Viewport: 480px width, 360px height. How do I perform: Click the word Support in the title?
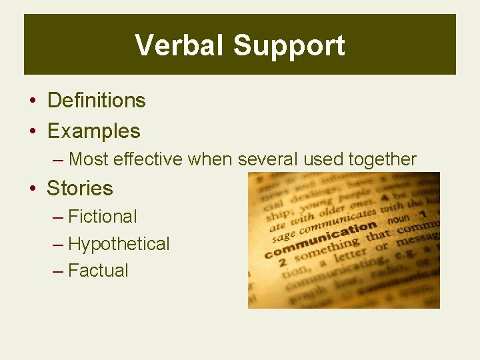click(289, 45)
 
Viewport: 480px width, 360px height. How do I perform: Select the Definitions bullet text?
click(96, 100)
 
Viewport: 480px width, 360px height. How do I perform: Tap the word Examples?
click(93, 131)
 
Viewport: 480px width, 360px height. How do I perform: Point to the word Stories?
click(80, 188)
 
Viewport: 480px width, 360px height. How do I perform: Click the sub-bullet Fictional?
click(103, 216)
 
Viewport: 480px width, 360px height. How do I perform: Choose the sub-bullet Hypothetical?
click(119, 244)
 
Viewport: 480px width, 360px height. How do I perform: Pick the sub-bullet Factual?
click(98, 270)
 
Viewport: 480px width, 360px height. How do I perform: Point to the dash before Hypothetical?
click(58, 244)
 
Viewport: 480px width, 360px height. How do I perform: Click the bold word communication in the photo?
click(320, 240)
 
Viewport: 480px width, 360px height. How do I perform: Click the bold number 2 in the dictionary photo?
click(282, 263)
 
